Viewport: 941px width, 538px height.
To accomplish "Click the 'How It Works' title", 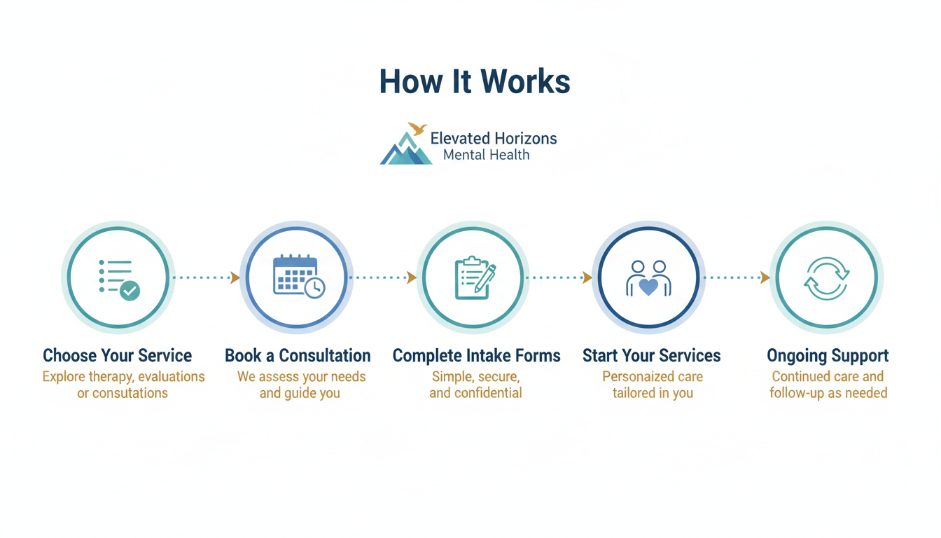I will [x=475, y=82].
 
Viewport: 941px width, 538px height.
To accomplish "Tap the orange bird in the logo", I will [x=417, y=129].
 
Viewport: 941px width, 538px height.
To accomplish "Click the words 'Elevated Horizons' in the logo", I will [x=494, y=138].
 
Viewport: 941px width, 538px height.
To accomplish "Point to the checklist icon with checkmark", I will [x=118, y=278].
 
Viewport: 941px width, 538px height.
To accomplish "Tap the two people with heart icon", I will [x=648, y=278].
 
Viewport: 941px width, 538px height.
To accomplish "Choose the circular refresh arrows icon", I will [x=827, y=278].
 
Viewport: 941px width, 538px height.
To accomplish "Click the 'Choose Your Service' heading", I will [x=118, y=356].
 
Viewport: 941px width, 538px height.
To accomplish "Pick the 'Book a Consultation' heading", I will [x=298, y=356].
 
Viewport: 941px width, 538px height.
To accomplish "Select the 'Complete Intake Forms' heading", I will [x=476, y=356].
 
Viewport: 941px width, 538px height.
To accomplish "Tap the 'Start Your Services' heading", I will [x=651, y=356].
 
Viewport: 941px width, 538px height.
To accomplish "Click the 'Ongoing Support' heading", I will [x=828, y=356].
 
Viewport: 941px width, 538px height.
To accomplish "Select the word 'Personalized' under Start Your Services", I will [x=634, y=377].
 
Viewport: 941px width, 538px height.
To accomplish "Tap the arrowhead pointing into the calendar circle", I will [x=235, y=278].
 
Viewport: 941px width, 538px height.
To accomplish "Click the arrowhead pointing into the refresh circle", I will [x=765, y=278].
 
